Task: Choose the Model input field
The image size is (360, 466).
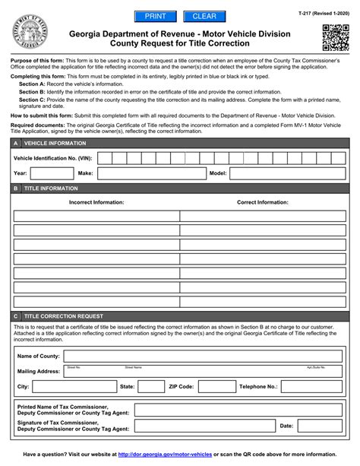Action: (289, 173)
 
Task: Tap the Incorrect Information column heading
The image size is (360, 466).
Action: (96, 203)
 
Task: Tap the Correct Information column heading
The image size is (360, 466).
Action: (262, 203)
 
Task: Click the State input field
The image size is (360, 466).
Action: (149, 386)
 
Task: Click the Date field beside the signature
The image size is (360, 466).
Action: (322, 426)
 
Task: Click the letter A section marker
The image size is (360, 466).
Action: (16, 142)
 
